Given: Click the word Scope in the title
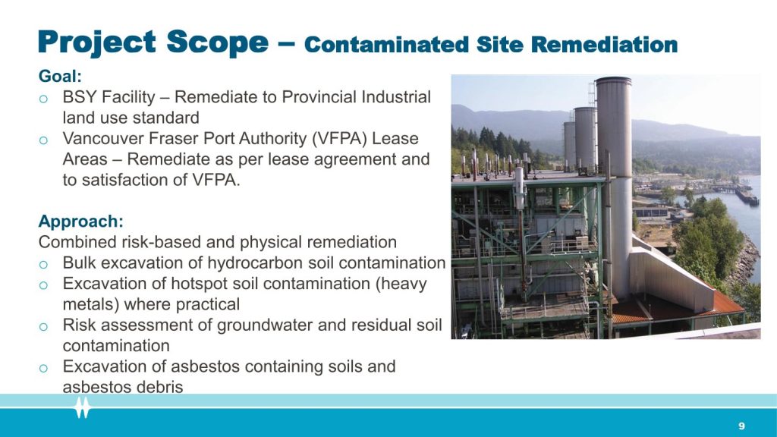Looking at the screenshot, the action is point(218,42).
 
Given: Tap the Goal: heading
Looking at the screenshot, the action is point(60,77).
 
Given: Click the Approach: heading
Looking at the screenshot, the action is point(80,222).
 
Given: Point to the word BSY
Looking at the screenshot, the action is point(79,97).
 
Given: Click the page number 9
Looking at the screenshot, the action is point(741,426).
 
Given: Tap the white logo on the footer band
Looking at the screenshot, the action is point(83,407).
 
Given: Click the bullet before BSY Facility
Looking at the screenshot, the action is point(43,99).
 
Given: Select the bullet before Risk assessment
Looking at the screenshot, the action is point(43,326).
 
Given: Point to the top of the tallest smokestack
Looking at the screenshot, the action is point(613,79).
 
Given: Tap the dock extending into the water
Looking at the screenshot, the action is point(746,196).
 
